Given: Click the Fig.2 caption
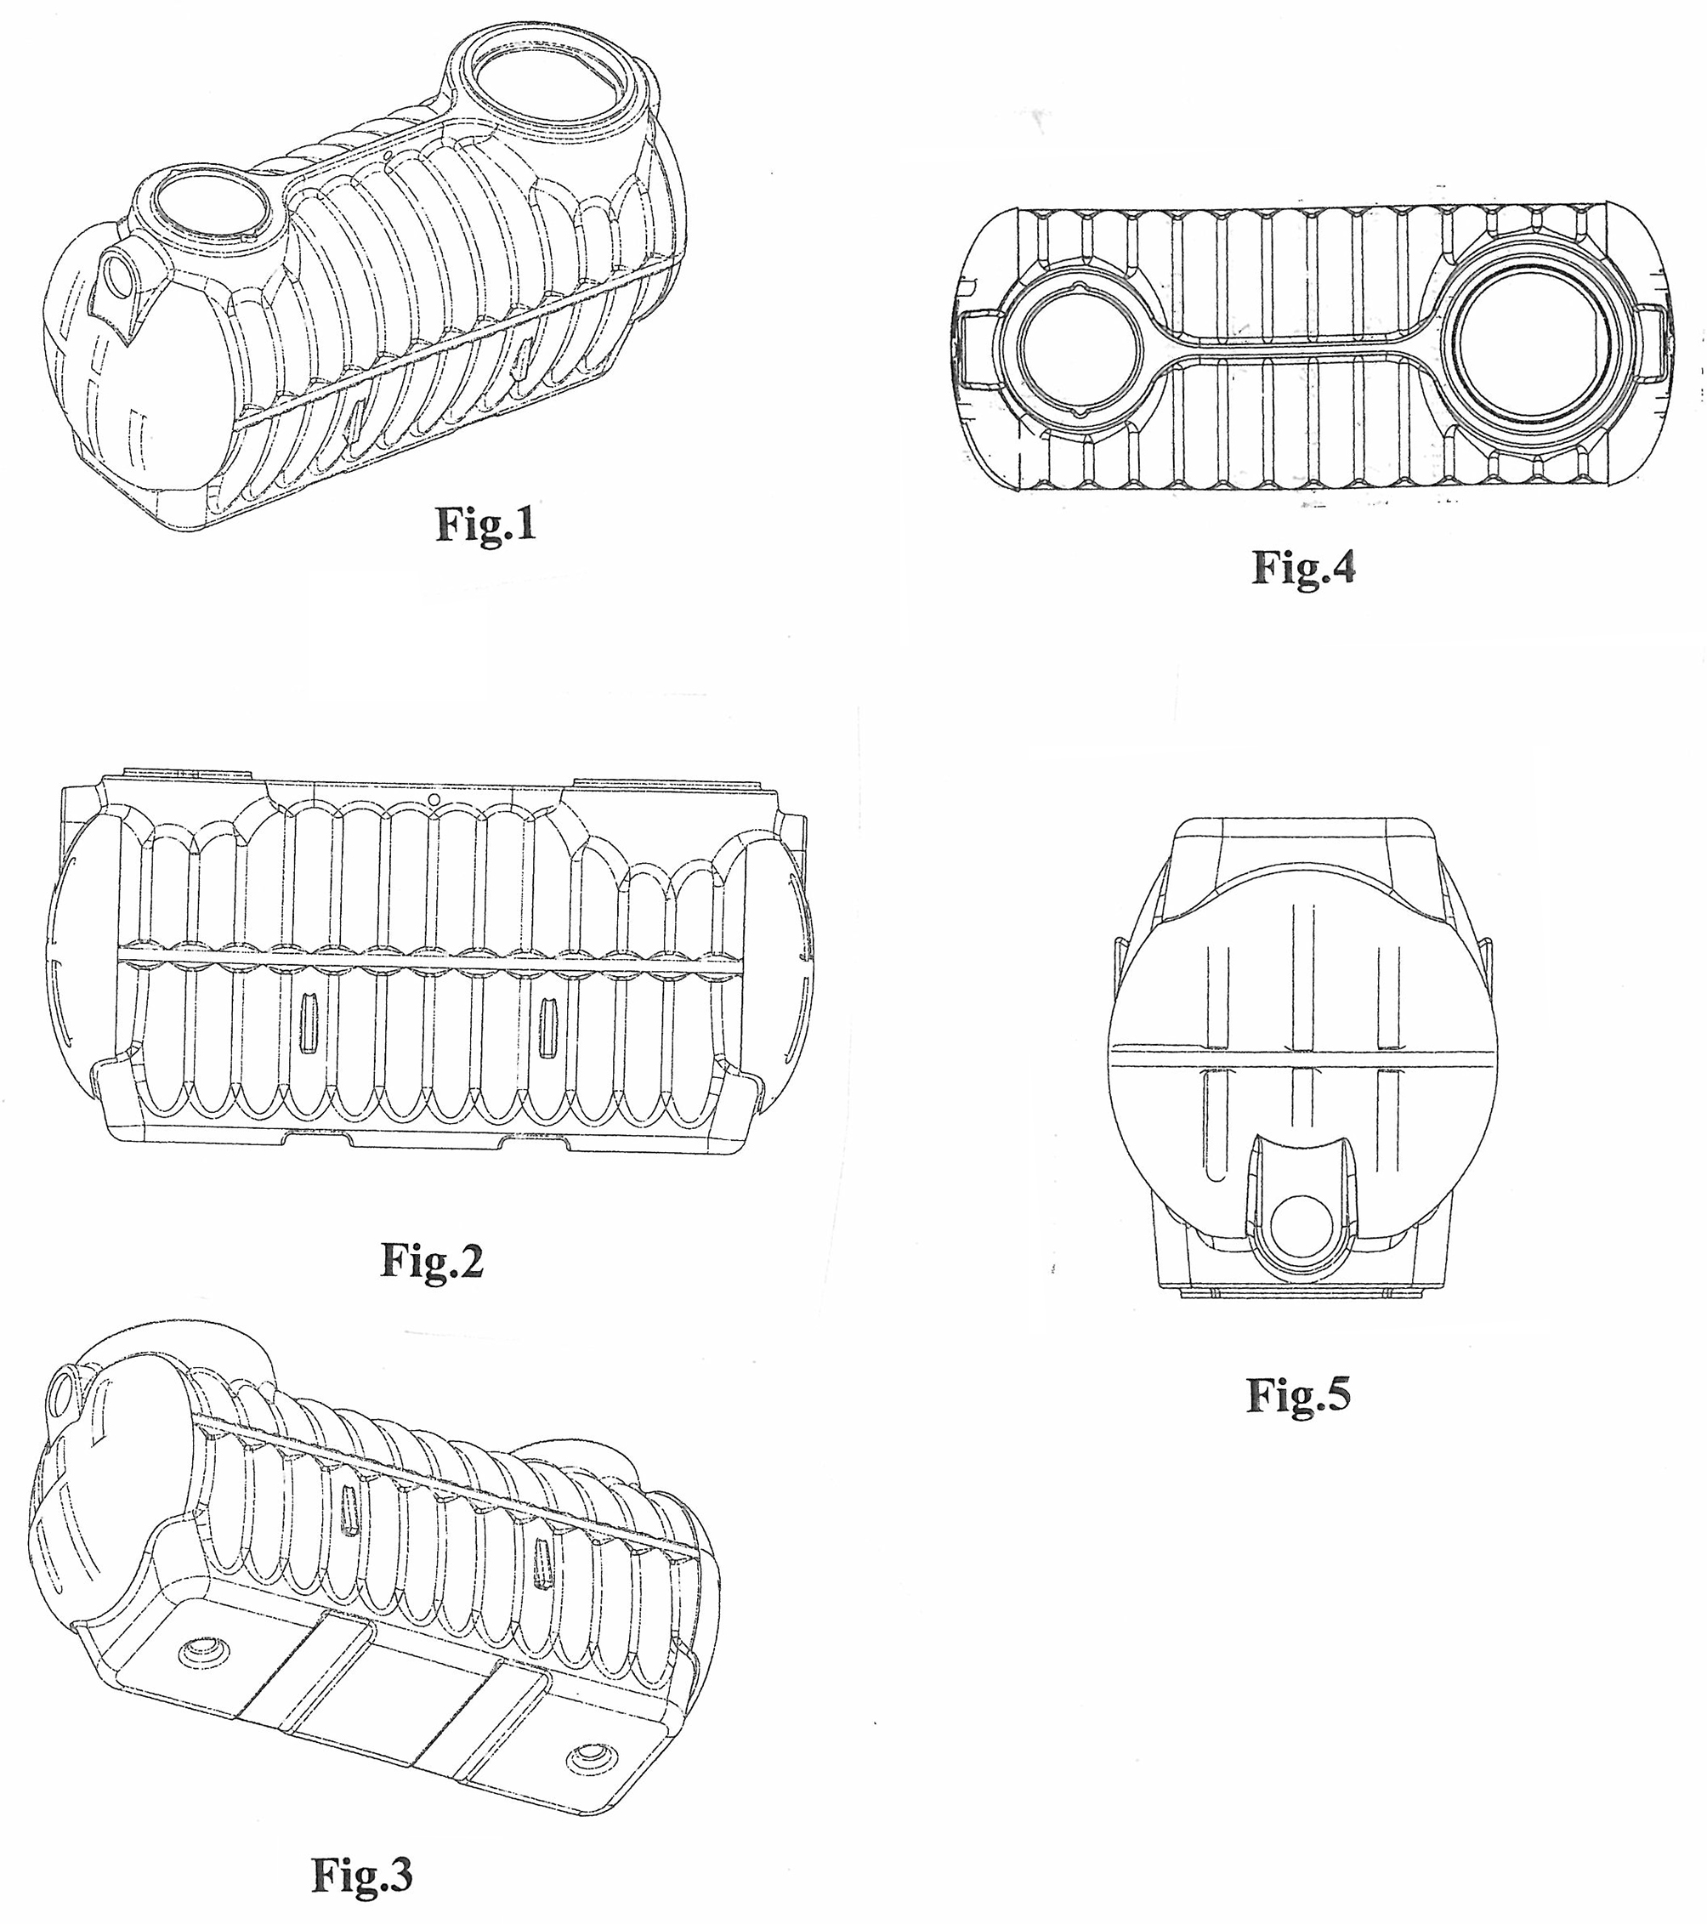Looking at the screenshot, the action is coord(432,1259).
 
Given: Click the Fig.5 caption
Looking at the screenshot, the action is coord(1299,1394).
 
